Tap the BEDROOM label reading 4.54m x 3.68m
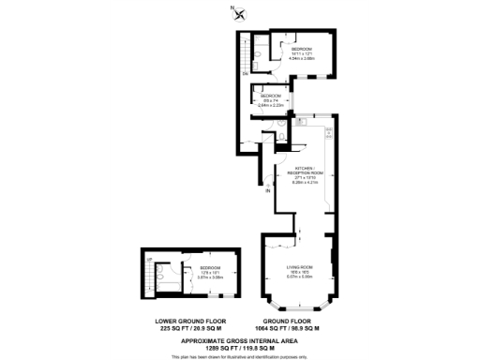301,53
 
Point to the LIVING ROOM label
300,272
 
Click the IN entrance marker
267,190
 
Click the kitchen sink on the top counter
307,121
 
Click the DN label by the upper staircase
246,72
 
